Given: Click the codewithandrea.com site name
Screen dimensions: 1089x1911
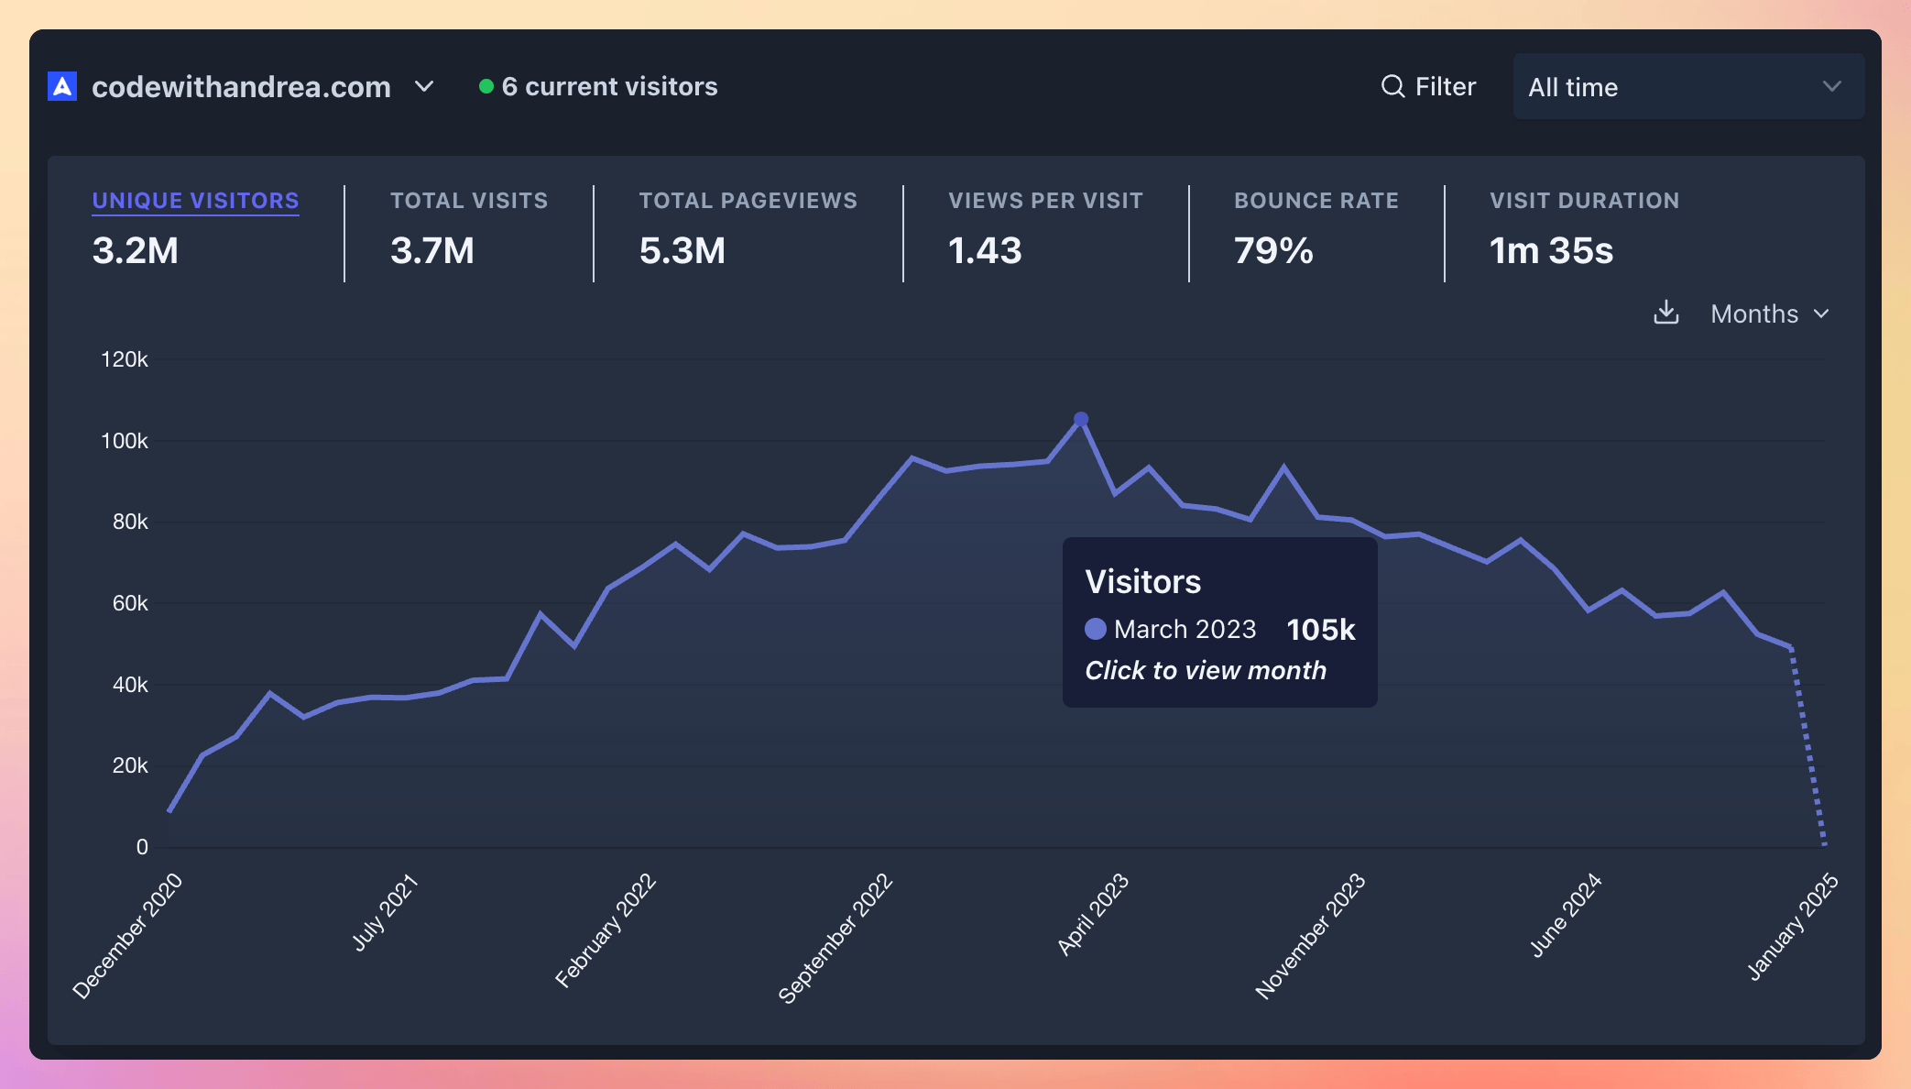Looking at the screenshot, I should [241, 87].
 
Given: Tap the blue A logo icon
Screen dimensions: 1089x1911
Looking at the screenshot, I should [62, 87].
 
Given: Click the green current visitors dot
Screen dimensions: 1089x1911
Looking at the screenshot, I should [486, 86].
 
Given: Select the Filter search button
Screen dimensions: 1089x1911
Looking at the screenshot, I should [1428, 87].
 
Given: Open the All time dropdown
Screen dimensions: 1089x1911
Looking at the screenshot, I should [1687, 87].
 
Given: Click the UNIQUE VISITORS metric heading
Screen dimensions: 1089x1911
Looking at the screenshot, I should [195, 201].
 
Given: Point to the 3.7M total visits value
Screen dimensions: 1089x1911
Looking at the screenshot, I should [432, 251].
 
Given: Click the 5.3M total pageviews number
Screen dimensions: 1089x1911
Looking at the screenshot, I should [682, 251].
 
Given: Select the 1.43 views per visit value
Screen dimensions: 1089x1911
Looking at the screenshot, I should [985, 251].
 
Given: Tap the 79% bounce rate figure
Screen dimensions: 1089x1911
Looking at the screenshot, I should [1273, 251].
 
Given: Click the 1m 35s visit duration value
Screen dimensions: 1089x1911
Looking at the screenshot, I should [1551, 251].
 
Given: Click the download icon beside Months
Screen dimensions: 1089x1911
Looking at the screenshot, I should [1665, 313].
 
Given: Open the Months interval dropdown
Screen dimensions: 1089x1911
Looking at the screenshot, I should [1769, 314].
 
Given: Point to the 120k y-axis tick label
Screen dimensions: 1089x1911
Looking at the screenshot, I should [125, 359].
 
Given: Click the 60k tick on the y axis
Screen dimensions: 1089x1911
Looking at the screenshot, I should [130, 603].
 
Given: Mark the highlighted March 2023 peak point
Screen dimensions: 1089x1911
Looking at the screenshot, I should [1081, 419].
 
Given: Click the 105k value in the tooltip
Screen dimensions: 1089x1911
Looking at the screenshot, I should [1320, 630].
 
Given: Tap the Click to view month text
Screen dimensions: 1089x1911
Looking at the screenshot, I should [1206, 671].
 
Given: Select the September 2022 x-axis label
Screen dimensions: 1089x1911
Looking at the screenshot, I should [835, 938].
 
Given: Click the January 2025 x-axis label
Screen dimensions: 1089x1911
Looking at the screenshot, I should [1792, 927].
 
